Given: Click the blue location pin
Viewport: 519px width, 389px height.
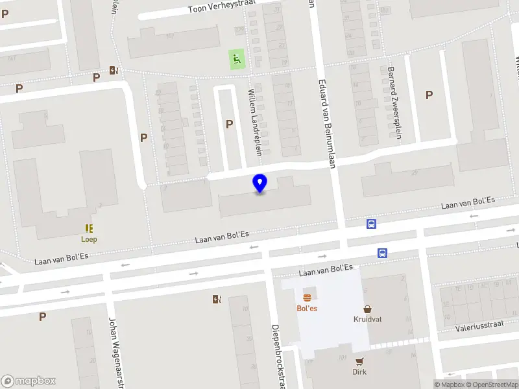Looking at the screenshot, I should pyautogui.click(x=260, y=183).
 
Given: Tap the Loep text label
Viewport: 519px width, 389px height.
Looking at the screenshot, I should pyautogui.click(x=89, y=239).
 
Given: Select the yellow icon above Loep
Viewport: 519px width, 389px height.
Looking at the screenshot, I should pyautogui.click(x=89, y=228).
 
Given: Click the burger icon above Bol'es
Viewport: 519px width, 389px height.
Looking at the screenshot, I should pyautogui.click(x=307, y=297).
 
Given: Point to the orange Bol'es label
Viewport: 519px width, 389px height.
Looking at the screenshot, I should pyautogui.click(x=307, y=308).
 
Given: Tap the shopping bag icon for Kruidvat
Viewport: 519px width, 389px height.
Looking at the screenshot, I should pyautogui.click(x=368, y=309).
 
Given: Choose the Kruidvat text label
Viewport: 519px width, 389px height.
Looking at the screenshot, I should pyautogui.click(x=368, y=319).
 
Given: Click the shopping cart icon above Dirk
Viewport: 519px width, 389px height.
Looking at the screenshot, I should pyautogui.click(x=359, y=361).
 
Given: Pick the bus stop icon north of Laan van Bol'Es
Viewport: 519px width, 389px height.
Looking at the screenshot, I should pyautogui.click(x=371, y=224).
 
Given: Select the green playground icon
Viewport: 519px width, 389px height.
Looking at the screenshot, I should pyautogui.click(x=236, y=60).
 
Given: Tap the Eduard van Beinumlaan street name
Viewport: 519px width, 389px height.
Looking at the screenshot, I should pyautogui.click(x=326, y=123).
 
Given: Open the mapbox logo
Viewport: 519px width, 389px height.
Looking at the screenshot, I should pyautogui.click(x=29, y=381).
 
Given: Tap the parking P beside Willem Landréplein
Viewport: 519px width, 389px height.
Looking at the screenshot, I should pyautogui.click(x=229, y=124).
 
